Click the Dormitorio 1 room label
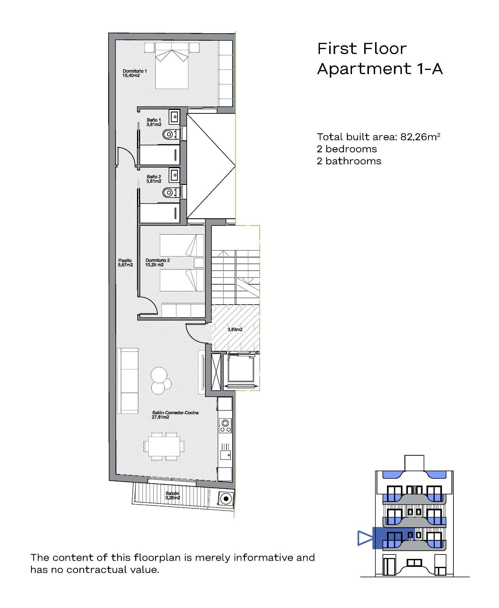(134, 73)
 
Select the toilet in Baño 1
(168, 135)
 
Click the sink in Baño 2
(174, 175)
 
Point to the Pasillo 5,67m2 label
(125, 263)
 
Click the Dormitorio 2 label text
(157, 263)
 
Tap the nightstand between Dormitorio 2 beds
(199, 263)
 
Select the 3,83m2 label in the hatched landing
(235, 329)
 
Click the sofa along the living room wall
(128, 381)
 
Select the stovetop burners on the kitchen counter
(225, 426)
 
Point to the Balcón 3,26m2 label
(172, 495)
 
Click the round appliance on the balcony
(226, 499)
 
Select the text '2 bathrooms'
(349, 161)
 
